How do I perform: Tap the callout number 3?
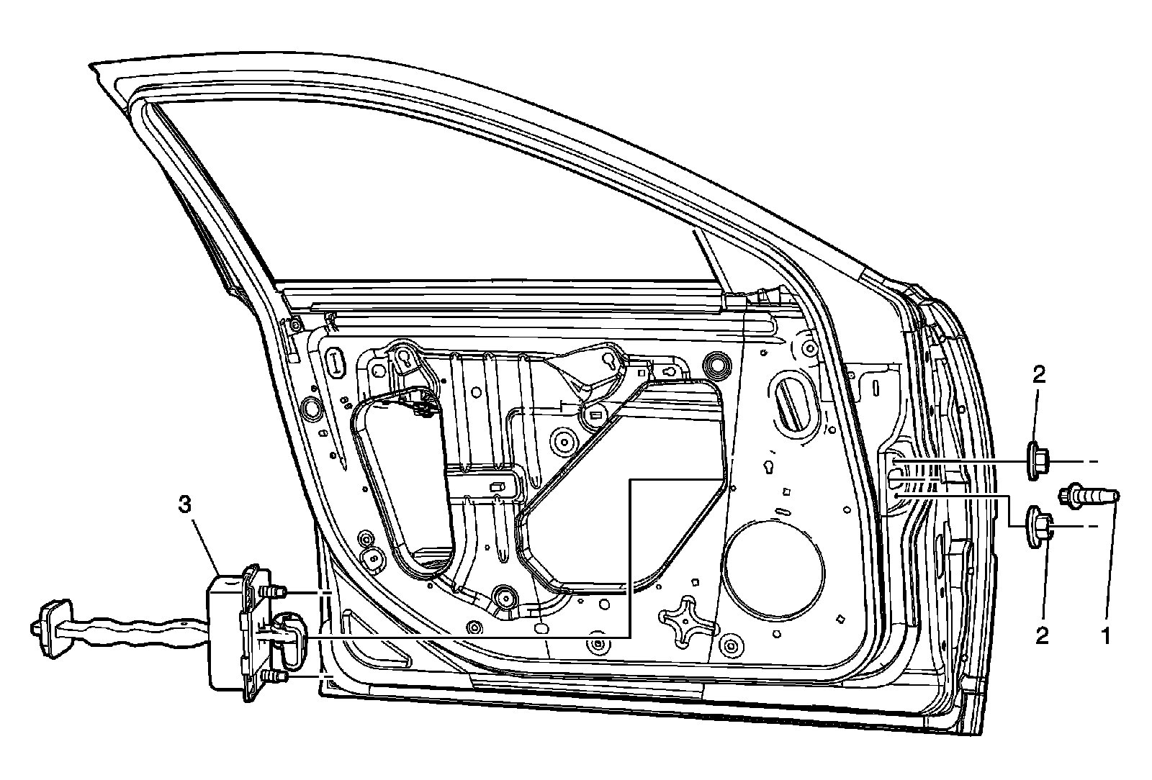tap(185, 506)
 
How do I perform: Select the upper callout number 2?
tap(1040, 375)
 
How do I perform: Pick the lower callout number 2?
tap(1041, 635)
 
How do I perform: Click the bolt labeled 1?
tap(1089, 496)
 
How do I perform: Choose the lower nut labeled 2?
tap(1039, 526)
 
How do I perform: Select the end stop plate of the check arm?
tap(45, 628)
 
